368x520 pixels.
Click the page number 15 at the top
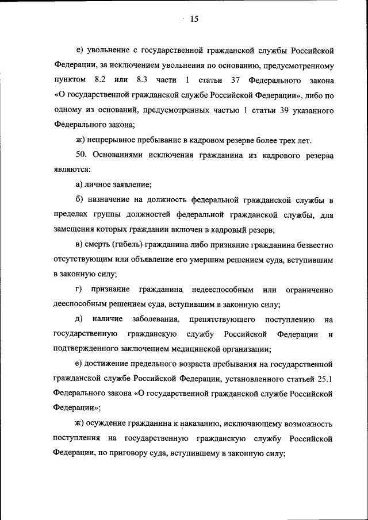tap(194, 20)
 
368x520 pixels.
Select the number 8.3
tap(144, 78)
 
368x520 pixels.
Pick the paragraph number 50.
tap(82, 156)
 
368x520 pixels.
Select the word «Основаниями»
tap(120, 156)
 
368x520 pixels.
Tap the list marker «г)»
tap(79, 288)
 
